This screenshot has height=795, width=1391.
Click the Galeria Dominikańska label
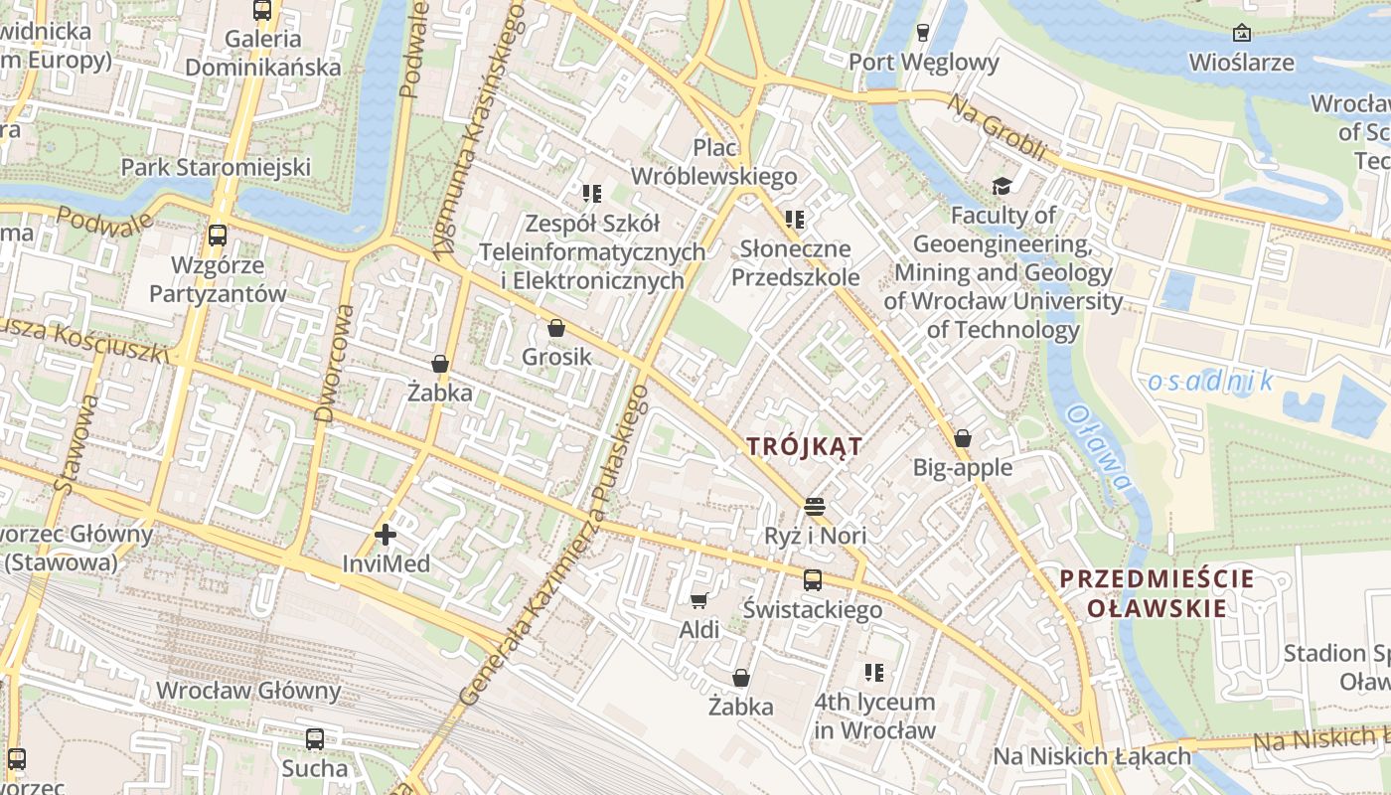point(263,54)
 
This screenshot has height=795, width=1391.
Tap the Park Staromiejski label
point(216,167)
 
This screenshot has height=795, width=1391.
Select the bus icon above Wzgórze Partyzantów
point(218,236)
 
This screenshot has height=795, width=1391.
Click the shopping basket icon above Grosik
point(556,328)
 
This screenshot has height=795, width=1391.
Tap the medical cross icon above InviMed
point(386,536)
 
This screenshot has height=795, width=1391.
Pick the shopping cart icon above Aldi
point(698,600)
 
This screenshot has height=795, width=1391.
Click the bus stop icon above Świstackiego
point(813,580)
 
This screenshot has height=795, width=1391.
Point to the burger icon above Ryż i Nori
point(816,507)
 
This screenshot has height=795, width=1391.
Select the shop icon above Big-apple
point(962,438)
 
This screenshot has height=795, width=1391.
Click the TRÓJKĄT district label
point(804,446)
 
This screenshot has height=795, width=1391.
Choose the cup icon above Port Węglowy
point(923,33)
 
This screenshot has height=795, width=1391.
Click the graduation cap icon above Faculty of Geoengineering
point(1002,186)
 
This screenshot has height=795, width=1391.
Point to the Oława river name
point(1099,447)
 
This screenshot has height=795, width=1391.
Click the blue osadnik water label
point(1210,381)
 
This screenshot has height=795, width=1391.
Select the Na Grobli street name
point(997,127)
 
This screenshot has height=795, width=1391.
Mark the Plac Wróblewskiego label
point(713,162)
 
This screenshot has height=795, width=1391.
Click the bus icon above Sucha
point(315,738)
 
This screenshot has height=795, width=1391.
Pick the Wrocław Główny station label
point(248,691)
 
